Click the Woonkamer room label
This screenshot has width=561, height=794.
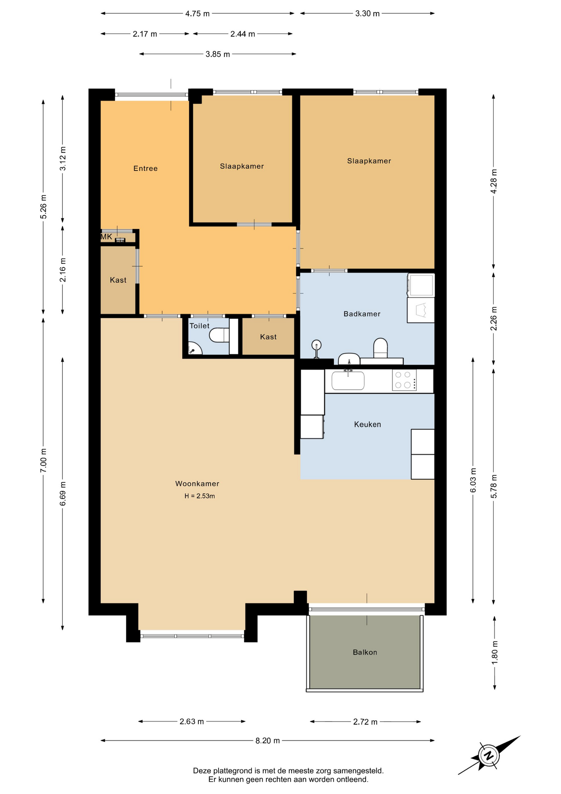pyautogui.click(x=197, y=483)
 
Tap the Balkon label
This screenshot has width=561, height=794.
pyautogui.click(x=365, y=652)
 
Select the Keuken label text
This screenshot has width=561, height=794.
pyautogui.click(x=367, y=424)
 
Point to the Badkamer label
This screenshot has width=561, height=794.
pyautogui.click(x=362, y=314)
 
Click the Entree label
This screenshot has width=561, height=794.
pyautogui.click(x=145, y=168)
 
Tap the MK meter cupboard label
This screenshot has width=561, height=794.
pyautogui.click(x=106, y=237)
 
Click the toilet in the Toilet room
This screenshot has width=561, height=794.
pyautogui.click(x=219, y=335)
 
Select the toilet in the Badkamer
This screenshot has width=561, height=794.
pyautogui.click(x=380, y=348)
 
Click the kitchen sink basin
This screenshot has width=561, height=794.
pyautogui.click(x=348, y=380)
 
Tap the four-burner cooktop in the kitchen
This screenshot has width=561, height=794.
pyautogui.click(x=404, y=380)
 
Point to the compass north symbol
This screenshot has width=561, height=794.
pyautogui.click(x=489, y=756)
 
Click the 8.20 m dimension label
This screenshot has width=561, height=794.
pyautogui.click(x=268, y=740)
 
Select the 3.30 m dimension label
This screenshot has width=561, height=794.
pyautogui.click(x=367, y=14)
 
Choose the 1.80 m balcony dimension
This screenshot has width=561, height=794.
pyautogui.click(x=494, y=653)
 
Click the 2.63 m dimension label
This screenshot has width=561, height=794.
pyautogui.click(x=192, y=721)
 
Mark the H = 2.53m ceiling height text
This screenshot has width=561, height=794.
pyautogui.click(x=200, y=496)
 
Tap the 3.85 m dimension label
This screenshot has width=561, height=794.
pyautogui.click(x=218, y=54)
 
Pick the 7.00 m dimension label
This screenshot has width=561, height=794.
pyautogui.click(x=43, y=460)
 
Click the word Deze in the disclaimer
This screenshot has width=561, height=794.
pyautogui.click(x=202, y=770)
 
